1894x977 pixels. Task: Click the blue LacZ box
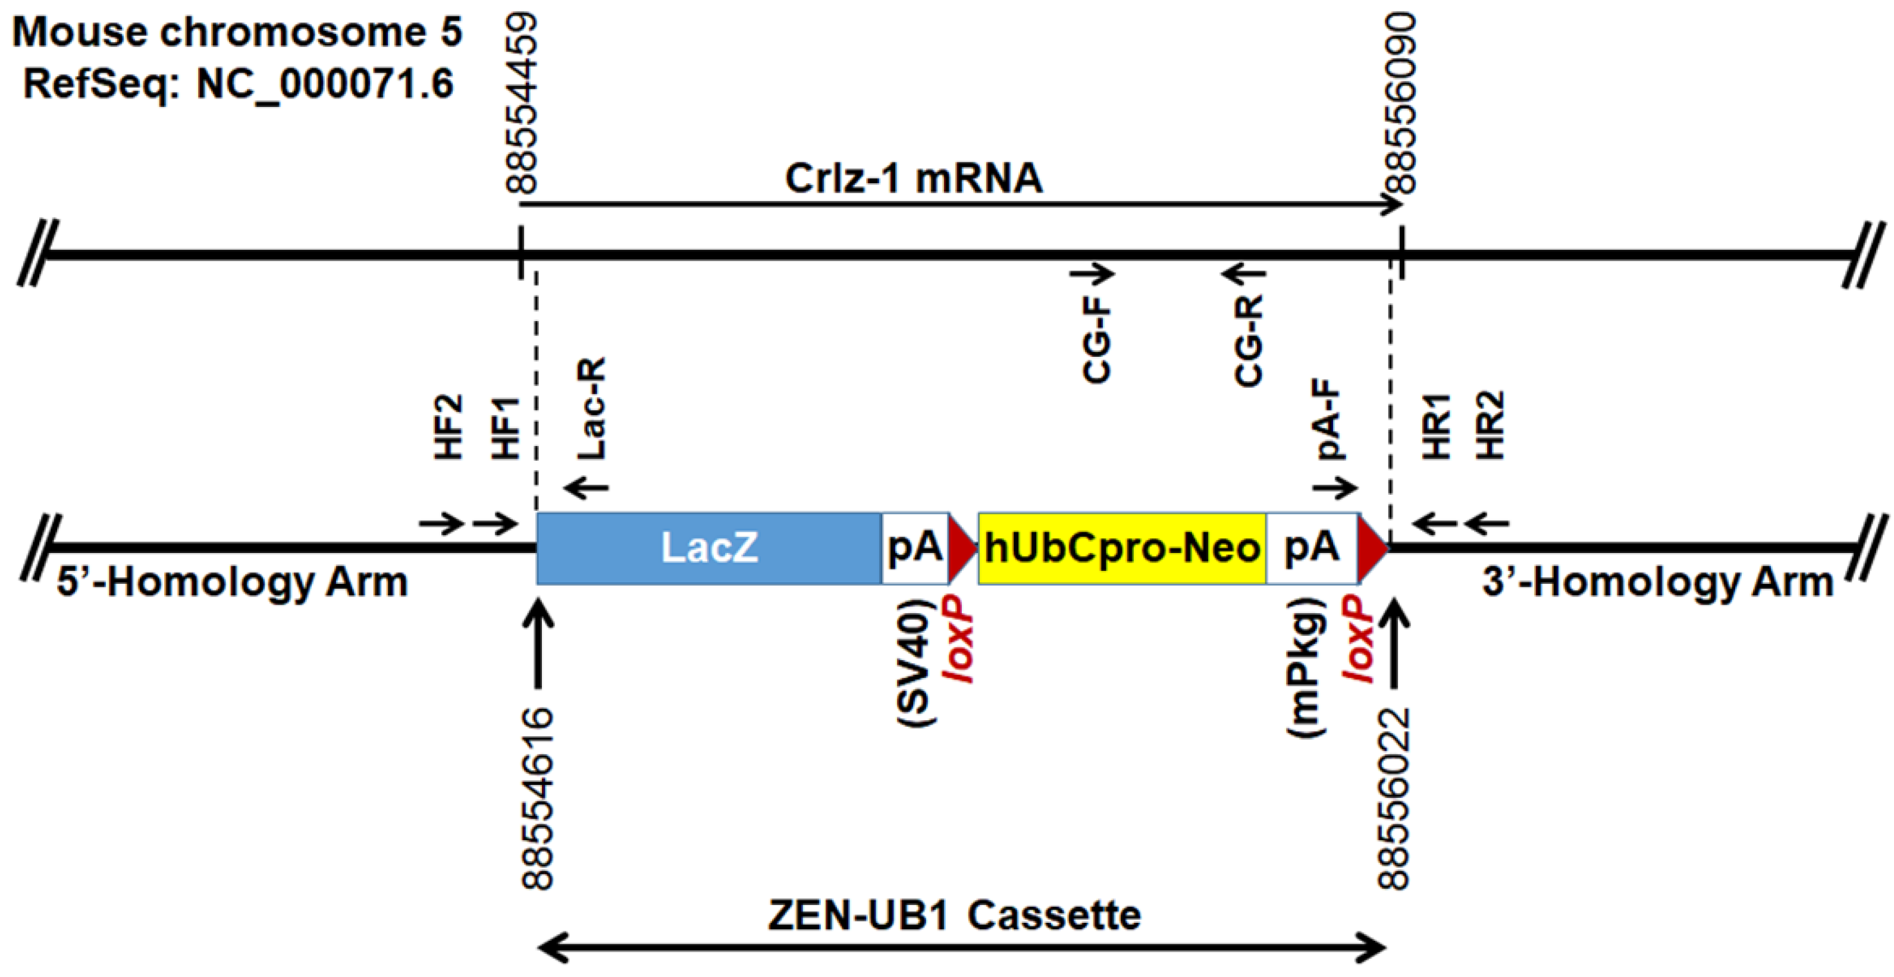(709, 548)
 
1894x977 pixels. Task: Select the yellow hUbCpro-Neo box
(1122, 548)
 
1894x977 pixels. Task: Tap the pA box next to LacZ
(915, 548)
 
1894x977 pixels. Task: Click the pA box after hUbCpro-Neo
(1312, 548)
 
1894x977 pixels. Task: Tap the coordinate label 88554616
(538, 797)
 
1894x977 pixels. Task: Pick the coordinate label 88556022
(1395, 797)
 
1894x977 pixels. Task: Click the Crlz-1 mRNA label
(914, 178)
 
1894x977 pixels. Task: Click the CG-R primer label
(1249, 340)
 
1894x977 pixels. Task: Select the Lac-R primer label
(592, 409)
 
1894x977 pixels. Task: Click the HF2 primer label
(449, 427)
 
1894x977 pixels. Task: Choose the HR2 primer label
(1491, 426)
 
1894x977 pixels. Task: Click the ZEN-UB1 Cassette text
(954, 916)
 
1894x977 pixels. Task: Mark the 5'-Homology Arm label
(233, 583)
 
